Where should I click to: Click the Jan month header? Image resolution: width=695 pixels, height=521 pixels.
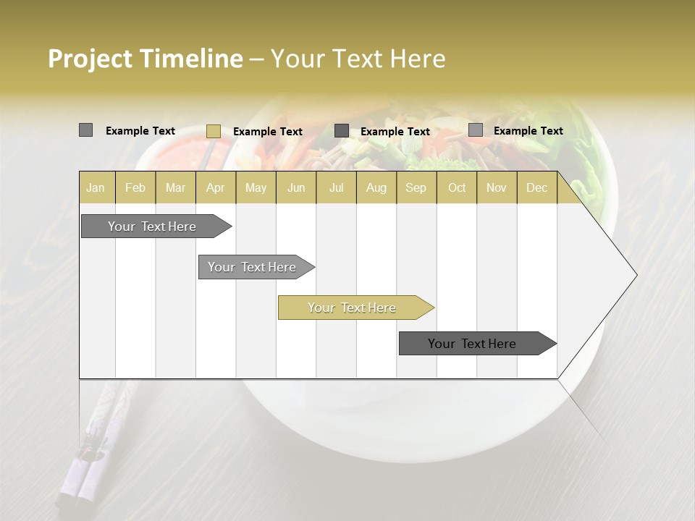tap(96, 187)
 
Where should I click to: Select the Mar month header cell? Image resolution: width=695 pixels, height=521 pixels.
tap(175, 187)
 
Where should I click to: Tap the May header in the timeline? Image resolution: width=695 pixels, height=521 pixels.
tap(256, 187)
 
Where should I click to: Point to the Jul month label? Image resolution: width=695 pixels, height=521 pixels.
tap(336, 187)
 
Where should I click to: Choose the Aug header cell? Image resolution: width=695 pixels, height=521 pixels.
tap(376, 187)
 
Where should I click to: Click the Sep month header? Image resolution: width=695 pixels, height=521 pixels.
tap(416, 187)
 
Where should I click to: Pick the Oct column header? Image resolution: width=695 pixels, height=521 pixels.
tap(457, 187)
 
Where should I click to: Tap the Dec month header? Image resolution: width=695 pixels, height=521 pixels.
tap(536, 187)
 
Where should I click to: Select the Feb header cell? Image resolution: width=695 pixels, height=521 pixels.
tap(135, 187)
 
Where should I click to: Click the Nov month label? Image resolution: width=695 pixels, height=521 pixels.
tap(496, 187)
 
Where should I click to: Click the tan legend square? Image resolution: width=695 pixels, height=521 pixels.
tap(213, 131)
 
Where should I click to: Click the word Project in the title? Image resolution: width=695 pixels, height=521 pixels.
tap(90, 59)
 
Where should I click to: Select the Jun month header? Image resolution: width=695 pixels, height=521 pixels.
tap(296, 187)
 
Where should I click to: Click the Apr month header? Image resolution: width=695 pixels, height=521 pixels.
tap(215, 187)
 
